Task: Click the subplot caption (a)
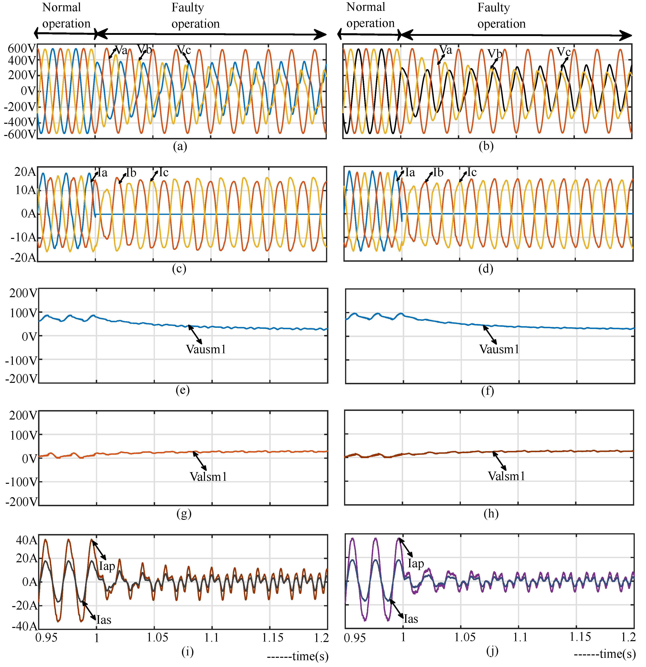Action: click(x=180, y=146)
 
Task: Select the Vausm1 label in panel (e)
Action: click(x=206, y=349)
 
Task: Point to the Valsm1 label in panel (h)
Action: click(x=506, y=476)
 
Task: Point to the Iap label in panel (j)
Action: click(x=416, y=564)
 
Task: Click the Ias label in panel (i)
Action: click(x=104, y=620)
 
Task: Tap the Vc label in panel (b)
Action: click(x=564, y=52)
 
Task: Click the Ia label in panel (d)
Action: click(x=410, y=173)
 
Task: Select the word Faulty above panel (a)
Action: click(x=188, y=7)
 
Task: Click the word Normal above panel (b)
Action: click(x=366, y=7)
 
